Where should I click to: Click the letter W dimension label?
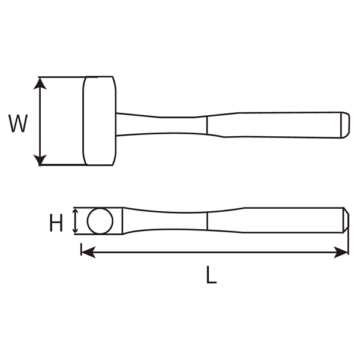coord(19,124)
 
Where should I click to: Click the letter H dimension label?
coord(56,224)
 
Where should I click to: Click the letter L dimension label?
coord(211,275)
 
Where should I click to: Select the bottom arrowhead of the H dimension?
coord(75,230)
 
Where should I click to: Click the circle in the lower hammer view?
coord(100,221)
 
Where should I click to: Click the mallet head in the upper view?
coord(100,121)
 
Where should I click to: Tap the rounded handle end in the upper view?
coord(346,124)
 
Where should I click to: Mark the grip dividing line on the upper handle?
coord(206,124)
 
